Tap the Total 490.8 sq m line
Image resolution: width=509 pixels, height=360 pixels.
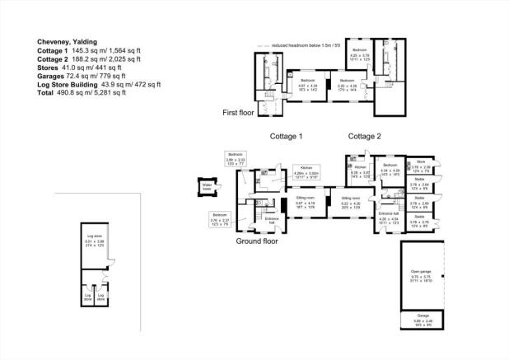(81, 93)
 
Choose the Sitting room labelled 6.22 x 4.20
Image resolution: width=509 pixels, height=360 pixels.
(351, 201)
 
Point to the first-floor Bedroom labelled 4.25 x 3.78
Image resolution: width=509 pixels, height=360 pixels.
(359, 54)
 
